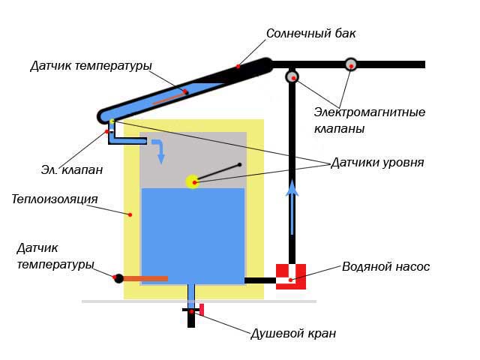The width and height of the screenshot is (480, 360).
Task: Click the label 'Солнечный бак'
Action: (x=310, y=34)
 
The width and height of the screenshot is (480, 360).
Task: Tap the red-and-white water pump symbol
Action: (x=291, y=276)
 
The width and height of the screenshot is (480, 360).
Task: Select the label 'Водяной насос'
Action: (x=385, y=266)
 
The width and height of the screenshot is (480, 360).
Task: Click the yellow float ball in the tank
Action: (x=193, y=181)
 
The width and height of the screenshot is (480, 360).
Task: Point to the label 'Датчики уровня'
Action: (x=377, y=163)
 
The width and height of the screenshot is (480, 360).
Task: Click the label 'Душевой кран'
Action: (x=293, y=334)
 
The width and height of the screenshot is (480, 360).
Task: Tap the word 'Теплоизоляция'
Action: (x=55, y=199)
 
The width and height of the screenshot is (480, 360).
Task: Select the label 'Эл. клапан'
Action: (x=72, y=169)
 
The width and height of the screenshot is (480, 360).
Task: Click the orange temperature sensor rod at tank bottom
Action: (x=145, y=278)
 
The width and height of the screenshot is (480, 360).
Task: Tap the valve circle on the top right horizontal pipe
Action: (x=350, y=64)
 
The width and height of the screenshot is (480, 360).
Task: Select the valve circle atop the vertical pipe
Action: (x=292, y=76)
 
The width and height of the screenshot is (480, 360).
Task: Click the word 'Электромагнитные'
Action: (x=370, y=112)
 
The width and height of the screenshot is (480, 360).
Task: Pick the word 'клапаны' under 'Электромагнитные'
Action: (x=340, y=129)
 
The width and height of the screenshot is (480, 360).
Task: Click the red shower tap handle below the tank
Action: (x=202, y=310)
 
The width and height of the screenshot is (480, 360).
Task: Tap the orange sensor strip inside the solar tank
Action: (x=169, y=98)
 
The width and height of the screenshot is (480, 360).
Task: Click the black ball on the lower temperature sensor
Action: (x=118, y=278)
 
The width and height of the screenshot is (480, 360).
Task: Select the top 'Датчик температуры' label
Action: (x=91, y=66)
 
